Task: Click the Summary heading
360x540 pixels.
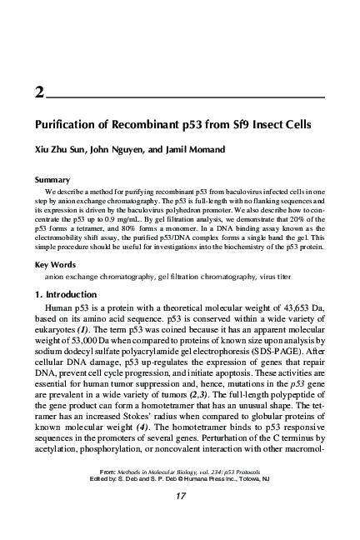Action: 52,179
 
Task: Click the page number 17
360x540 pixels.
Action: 180,497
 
